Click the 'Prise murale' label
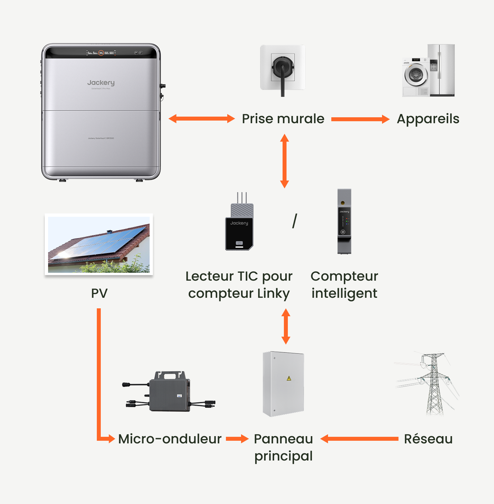click(283, 119)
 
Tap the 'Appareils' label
click(428, 119)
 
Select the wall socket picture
click(283, 68)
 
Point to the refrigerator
click(442, 70)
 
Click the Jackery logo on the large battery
click(101, 83)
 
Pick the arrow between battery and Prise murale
click(202, 119)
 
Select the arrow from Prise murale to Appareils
click(360, 119)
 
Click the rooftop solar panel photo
click(99, 244)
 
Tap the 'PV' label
click(99, 293)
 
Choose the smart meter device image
click(344, 221)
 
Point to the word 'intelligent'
click(344, 293)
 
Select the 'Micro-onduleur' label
click(170, 439)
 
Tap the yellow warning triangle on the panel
click(289, 378)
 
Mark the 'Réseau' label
click(428, 439)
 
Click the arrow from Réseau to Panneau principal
click(359, 439)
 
